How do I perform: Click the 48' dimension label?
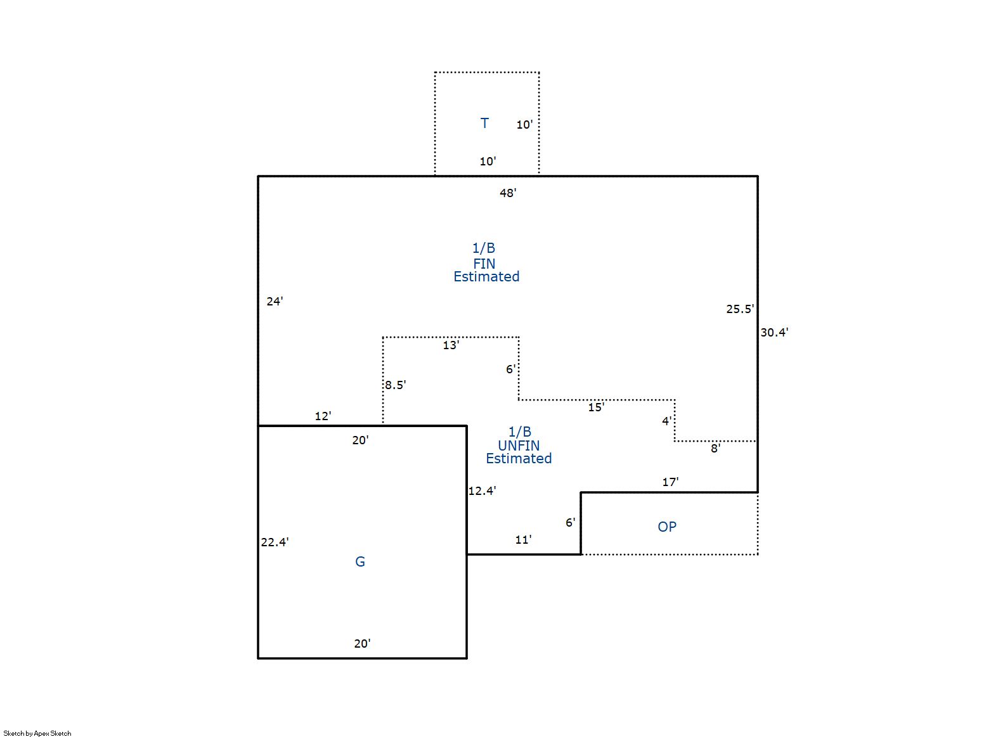click(x=508, y=193)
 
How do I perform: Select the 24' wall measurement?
click(x=275, y=301)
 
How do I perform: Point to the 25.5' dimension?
click(x=740, y=309)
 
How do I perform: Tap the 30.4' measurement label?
click(x=774, y=332)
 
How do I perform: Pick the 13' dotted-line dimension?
click(x=451, y=345)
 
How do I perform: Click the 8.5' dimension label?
click(x=395, y=385)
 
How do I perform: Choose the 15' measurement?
click(x=596, y=407)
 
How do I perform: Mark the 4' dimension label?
click(x=667, y=421)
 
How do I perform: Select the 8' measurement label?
click(x=715, y=448)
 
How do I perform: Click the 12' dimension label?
click(x=323, y=416)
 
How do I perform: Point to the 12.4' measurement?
click(x=482, y=490)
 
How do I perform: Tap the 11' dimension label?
click(x=523, y=539)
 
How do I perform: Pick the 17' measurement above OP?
click(x=670, y=482)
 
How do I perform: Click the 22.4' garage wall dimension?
click(x=275, y=542)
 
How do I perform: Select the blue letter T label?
click(x=484, y=123)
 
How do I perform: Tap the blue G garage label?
click(x=360, y=561)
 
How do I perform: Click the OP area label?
click(x=667, y=527)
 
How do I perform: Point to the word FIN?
click(x=484, y=263)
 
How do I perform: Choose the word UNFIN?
click(x=519, y=445)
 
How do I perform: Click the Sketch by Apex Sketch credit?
click(x=37, y=733)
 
